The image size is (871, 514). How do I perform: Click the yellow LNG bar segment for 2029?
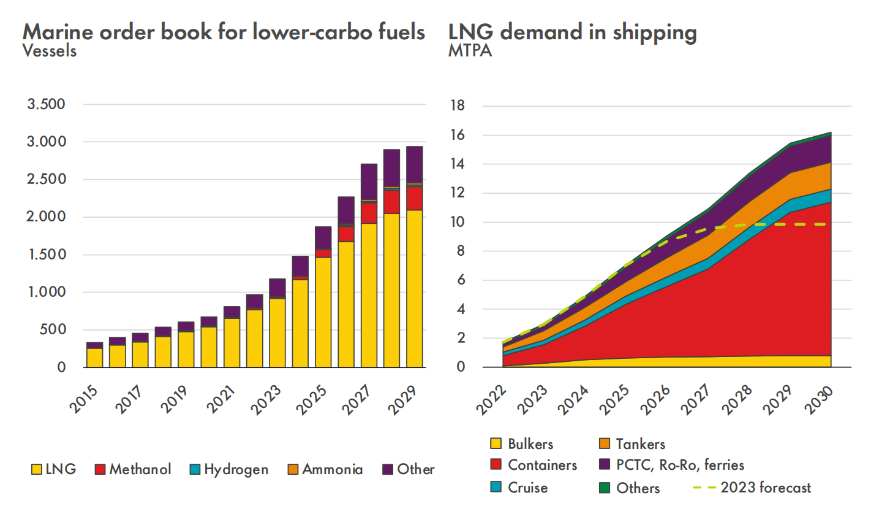point(415,288)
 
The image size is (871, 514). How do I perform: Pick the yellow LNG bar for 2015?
point(95,358)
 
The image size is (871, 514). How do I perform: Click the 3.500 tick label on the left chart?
point(46,104)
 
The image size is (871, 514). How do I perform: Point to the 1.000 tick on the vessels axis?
point(46,293)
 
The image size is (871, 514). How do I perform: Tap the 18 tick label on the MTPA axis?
point(457,106)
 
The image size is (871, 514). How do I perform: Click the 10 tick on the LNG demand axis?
point(457,222)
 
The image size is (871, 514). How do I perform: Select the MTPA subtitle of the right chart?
point(470,51)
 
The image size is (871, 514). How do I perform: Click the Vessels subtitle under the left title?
point(50,51)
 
